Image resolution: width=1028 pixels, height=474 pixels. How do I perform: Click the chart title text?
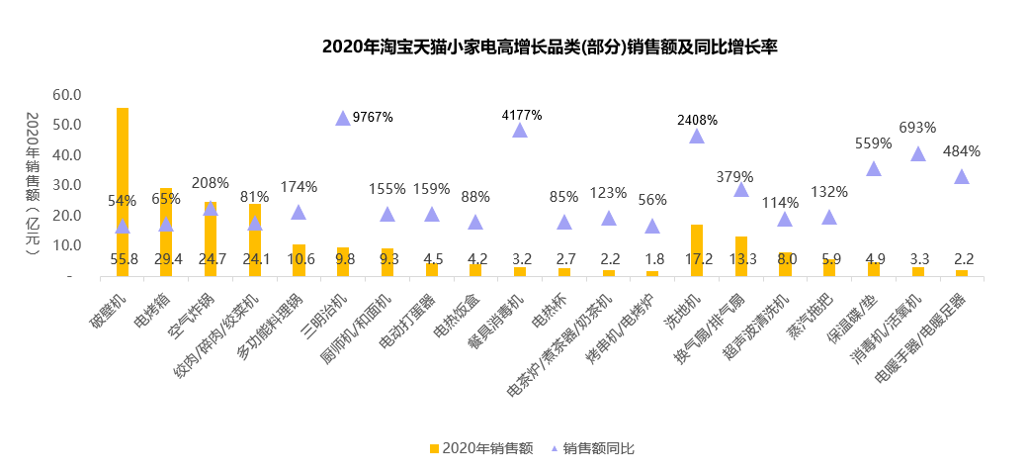click(550, 47)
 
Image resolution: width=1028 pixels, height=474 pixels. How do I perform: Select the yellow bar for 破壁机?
click(123, 192)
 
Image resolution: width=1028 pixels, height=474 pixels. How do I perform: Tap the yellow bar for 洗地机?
click(696, 250)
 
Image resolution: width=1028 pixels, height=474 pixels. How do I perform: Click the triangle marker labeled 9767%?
click(343, 118)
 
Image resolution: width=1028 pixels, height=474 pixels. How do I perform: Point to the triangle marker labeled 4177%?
click(520, 130)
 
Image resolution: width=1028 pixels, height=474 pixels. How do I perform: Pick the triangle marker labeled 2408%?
click(697, 136)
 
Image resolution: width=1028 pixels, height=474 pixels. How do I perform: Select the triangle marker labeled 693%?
click(918, 153)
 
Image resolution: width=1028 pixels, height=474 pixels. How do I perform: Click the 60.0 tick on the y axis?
click(67, 95)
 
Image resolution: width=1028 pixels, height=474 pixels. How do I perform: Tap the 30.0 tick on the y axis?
click(67, 185)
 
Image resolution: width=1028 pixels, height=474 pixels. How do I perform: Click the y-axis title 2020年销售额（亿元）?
click(33, 183)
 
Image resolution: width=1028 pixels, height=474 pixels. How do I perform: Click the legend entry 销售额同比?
click(593, 448)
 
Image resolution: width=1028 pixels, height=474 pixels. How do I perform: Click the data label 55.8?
click(124, 258)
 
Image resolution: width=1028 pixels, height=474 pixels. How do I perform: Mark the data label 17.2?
click(698, 258)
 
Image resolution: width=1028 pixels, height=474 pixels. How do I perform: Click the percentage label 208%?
click(210, 183)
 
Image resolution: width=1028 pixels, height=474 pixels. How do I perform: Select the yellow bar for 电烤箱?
click(166, 233)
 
